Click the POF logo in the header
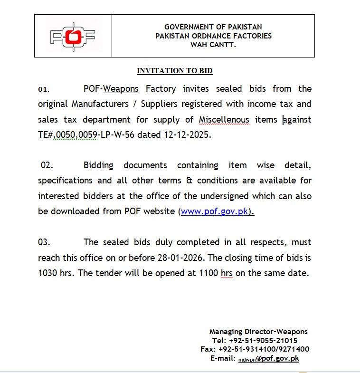pos(73,36)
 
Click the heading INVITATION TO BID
pos(174,71)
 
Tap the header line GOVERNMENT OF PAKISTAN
pos(213,27)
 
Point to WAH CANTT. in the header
pos(213,44)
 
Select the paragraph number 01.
pos(43,89)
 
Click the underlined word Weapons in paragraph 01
pos(121,88)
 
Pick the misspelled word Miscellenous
pos(224,119)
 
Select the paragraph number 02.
pos(47,165)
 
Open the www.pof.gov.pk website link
pos(215,211)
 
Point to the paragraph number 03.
pos(44,242)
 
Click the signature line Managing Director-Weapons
pos(258,332)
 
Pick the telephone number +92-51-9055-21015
pos(263,340)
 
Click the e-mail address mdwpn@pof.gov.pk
pos(268,358)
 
